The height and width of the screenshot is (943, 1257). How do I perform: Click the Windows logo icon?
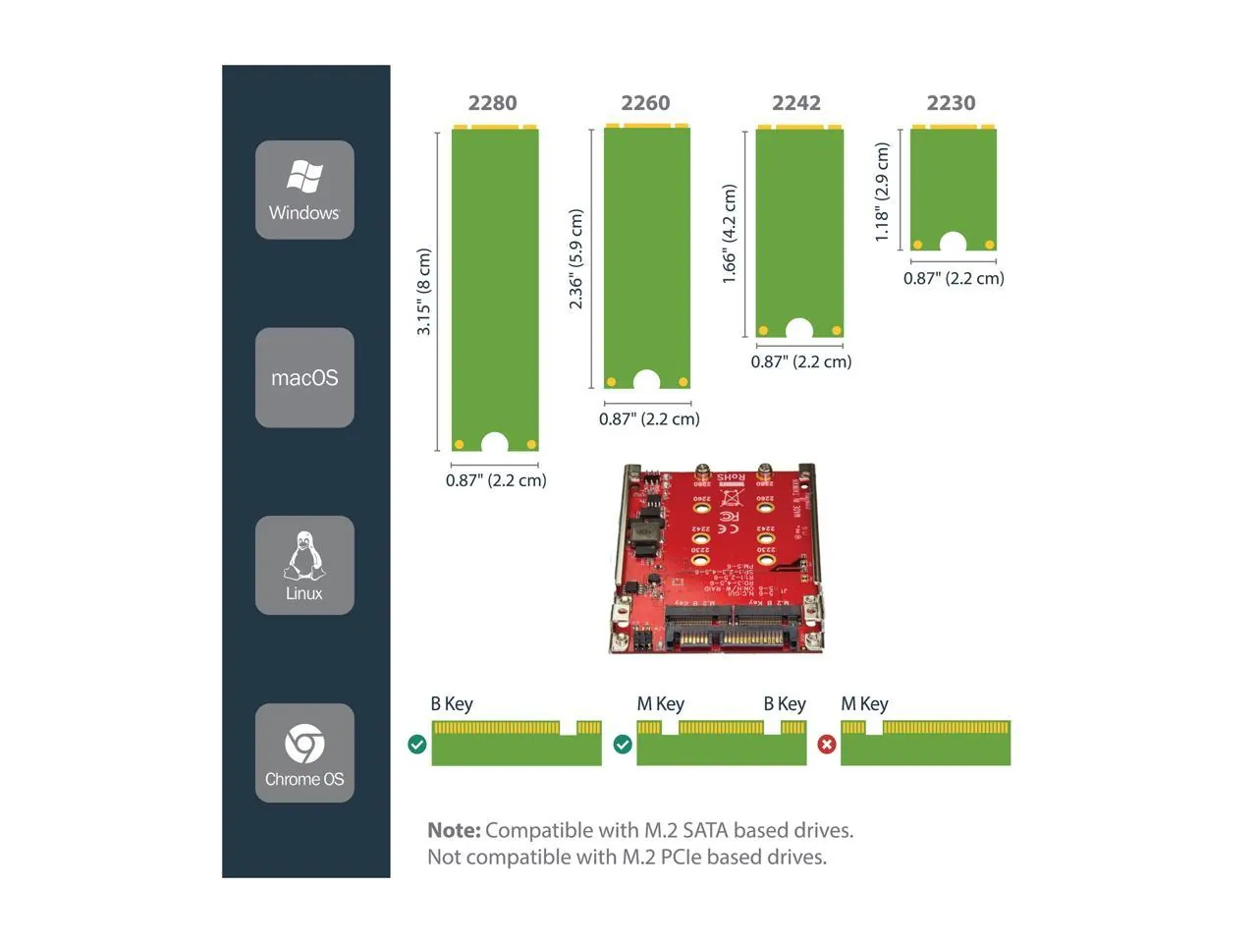click(x=304, y=177)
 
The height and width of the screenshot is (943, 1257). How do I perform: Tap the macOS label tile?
click(x=304, y=378)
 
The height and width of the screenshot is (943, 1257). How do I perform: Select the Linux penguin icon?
click(x=304, y=556)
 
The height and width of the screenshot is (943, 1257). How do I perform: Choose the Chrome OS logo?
click(x=304, y=744)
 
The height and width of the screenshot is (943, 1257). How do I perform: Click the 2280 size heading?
click(x=492, y=103)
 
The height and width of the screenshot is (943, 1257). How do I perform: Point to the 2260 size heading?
click(x=645, y=103)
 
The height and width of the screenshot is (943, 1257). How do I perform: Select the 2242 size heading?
click(x=796, y=103)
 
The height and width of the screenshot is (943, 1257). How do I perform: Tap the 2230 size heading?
click(x=951, y=103)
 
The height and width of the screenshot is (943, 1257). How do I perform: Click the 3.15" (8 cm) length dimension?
click(x=424, y=292)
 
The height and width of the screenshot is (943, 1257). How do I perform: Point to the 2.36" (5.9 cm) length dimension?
click(x=576, y=259)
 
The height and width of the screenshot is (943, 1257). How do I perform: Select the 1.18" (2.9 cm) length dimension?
click(x=883, y=193)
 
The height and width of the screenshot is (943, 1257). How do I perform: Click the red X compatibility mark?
click(x=827, y=745)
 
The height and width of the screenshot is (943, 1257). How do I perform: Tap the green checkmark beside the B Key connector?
click(x=417, y=745)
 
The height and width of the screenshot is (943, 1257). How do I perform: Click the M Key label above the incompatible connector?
click(x=864, y=704)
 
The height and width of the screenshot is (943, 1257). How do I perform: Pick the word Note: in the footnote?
click(x=454, y=831)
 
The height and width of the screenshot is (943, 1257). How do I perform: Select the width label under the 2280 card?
click(x=496, y=480)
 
